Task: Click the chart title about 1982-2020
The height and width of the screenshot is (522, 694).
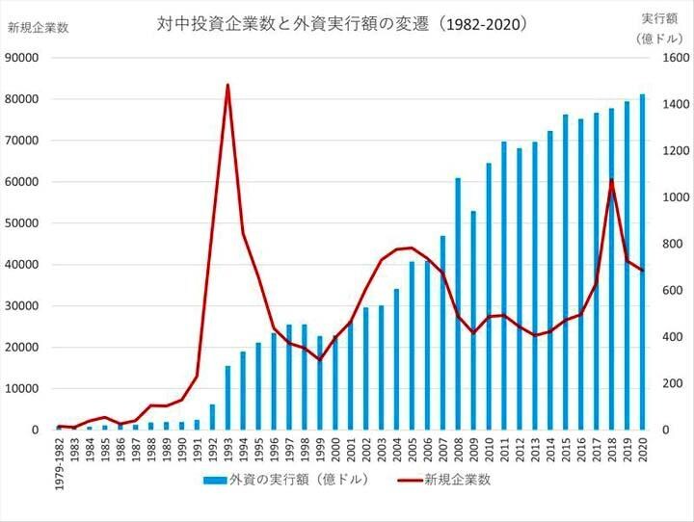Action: point(343,22)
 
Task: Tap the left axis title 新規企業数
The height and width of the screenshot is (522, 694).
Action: point(38,27)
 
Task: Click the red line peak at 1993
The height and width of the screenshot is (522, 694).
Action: point(227,86)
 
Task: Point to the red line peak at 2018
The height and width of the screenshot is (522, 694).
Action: point(611,181)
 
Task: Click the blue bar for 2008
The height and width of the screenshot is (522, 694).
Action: point(458,303)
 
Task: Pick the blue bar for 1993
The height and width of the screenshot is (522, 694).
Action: point(227,398)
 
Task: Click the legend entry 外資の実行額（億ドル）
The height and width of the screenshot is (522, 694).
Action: point(287,481)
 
